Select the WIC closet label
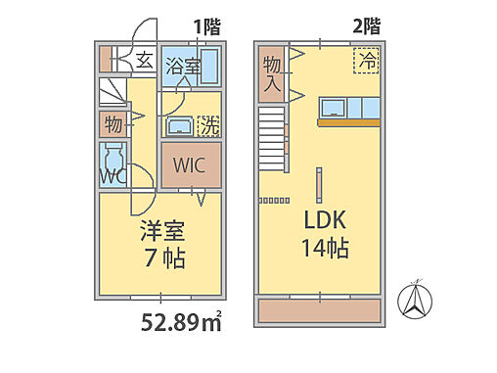190,164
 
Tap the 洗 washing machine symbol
207,126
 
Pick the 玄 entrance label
144,60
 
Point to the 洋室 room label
162,234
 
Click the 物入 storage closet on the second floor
272,74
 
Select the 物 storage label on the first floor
113,124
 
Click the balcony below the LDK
318,310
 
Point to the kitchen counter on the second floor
348,122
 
